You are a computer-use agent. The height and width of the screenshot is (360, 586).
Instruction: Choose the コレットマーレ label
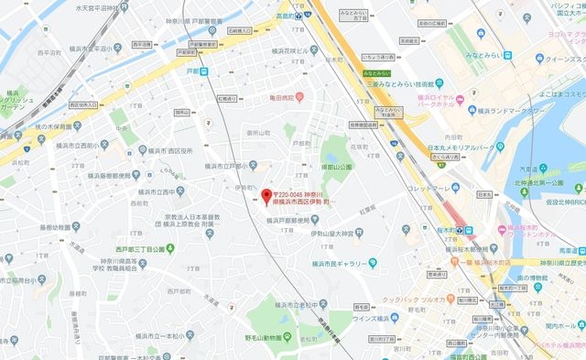(431, 190)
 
